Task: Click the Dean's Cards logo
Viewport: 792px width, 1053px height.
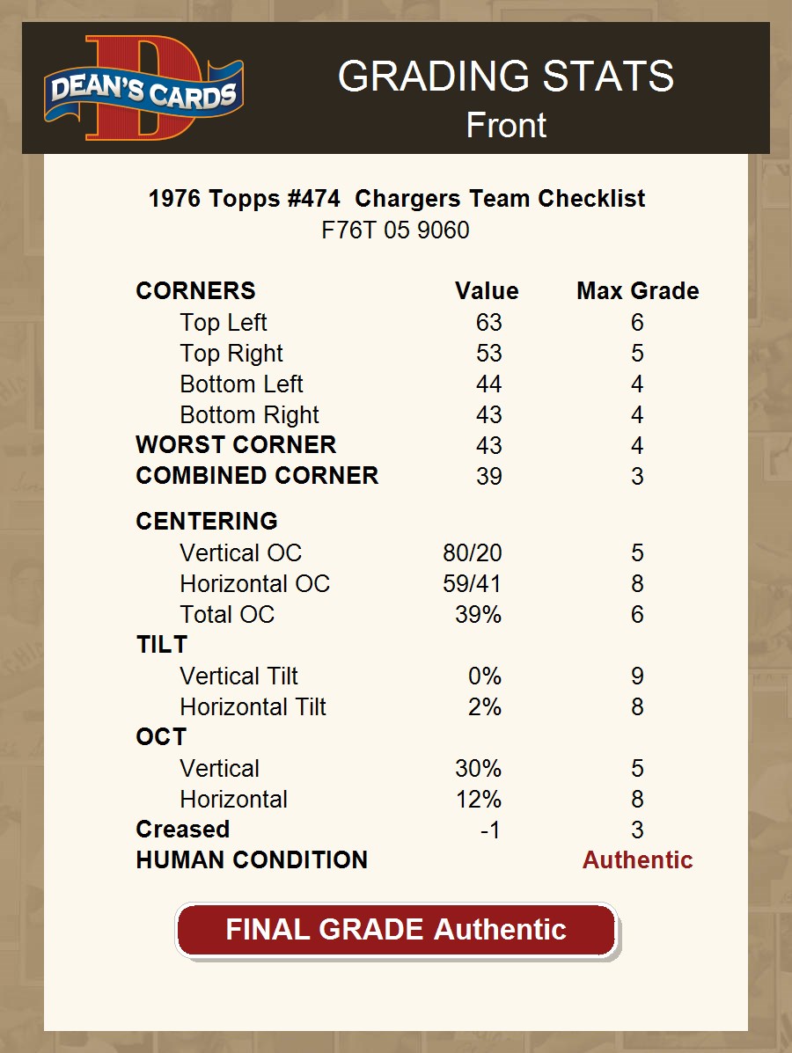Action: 143,88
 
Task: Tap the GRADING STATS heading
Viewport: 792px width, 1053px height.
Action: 505,77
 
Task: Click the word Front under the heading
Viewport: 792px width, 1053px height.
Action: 506,125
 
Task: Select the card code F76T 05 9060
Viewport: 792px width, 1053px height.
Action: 395,230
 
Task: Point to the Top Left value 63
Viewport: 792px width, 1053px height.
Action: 488,323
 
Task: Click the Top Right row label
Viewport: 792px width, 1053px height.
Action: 231,354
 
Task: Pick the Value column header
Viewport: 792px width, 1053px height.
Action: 487,291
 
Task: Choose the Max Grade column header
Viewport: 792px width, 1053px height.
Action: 638,291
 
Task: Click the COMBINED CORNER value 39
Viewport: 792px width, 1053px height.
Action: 488,476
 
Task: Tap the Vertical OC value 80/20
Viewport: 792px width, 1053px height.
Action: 473,553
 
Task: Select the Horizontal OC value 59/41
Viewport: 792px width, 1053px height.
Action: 473,584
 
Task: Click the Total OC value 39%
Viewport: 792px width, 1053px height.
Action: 478,615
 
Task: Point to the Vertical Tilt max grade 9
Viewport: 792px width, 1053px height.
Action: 637,676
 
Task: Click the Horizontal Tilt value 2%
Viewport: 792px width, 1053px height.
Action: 484,707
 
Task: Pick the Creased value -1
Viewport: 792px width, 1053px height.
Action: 490,830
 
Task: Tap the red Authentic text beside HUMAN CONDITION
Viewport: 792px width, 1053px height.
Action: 637,860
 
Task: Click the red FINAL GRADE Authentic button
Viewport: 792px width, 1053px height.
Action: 396,930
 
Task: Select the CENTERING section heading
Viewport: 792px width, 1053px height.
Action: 207,522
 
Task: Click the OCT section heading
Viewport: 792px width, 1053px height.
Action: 161,737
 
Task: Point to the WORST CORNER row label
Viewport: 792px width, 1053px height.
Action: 236,445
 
